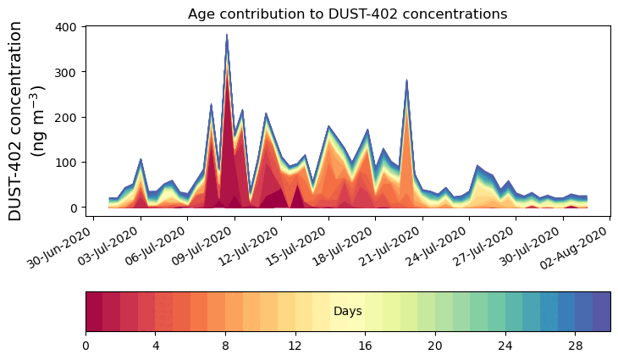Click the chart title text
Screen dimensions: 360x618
pyautogui.click(x=347, y=14)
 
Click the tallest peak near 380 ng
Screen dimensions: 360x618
pyautogui.click(x=227, y=36)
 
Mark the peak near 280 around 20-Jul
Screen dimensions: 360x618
pyautogui.click(x=407, y=81)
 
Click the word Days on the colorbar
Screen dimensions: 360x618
pyautogui.click(x=347, y=312)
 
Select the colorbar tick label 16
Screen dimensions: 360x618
pyautogui.click(x=365, y=346)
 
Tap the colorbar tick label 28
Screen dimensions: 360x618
pyautogui.click(x=575, y=346)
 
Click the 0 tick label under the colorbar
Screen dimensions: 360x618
pyautogui.click(x=86, y=346)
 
